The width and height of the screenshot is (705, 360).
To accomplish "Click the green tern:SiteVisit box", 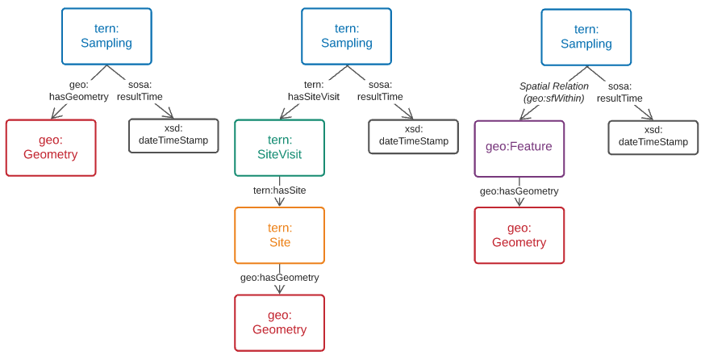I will tap(279, 148).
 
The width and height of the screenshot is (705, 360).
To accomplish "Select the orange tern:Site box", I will tap(279, 235).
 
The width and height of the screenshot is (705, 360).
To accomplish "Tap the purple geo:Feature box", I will tap(519, 149).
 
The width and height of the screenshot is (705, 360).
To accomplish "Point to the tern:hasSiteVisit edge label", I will tap(314, 90).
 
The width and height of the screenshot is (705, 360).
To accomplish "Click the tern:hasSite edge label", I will tap(279, 190).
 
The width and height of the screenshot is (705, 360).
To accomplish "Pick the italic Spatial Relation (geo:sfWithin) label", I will tap(553, 92).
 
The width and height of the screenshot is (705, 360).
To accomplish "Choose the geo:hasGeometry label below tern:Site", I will tap(279, 278).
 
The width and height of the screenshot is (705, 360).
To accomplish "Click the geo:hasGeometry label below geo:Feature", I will tap(519, 191).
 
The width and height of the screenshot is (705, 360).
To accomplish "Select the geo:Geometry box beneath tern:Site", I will tap(279, 323).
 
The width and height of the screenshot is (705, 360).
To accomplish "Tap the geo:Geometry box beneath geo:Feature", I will tap(519, 235).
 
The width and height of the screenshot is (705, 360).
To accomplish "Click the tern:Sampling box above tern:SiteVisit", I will tap(346, 36).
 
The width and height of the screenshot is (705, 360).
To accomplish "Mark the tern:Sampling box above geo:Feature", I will tap(586, 37).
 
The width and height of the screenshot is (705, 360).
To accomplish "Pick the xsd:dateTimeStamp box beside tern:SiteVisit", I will tap(413, 136).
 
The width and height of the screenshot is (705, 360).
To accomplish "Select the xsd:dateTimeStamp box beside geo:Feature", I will tap(653, 137).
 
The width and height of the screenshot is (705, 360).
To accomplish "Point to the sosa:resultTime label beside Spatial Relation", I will tap(619, 92).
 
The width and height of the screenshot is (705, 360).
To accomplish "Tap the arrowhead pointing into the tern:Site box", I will tap(279, 203).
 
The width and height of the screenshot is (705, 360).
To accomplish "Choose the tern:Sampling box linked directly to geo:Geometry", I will tap(106, 36).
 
